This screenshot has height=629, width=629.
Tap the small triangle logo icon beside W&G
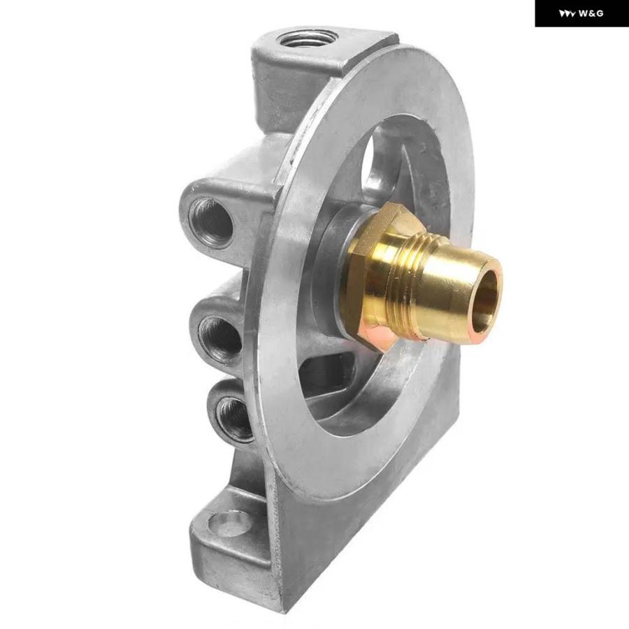[567, 13]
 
